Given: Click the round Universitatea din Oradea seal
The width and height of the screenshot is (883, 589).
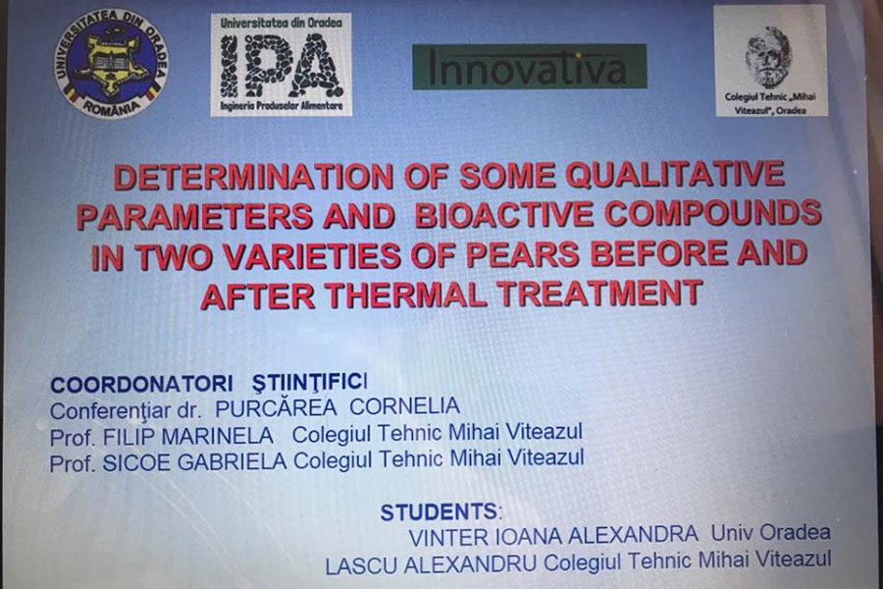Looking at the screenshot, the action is point(110,64).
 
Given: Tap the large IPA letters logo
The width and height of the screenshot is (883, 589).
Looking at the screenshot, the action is point(281,66).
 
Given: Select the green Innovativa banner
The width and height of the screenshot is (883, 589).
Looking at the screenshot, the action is point(530,67).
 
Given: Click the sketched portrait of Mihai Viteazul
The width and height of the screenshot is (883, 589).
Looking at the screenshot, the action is point(768,56).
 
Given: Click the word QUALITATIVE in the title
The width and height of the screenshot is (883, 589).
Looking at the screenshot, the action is point(675,174).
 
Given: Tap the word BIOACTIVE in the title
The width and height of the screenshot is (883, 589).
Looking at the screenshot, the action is point(504,215).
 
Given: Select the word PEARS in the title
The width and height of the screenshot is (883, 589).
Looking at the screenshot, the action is point(522,255).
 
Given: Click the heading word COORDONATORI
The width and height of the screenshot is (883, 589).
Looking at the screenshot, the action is point(141,385).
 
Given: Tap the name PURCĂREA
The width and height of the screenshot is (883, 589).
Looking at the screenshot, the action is point(276,408).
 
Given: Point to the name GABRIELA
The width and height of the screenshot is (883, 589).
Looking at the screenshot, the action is point(232,462).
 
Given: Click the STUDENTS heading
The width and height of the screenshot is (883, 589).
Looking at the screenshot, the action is point(440,512).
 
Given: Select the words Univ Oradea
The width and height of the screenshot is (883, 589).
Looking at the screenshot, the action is point(770,533).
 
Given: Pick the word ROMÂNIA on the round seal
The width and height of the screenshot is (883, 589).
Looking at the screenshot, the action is point(110,107).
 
